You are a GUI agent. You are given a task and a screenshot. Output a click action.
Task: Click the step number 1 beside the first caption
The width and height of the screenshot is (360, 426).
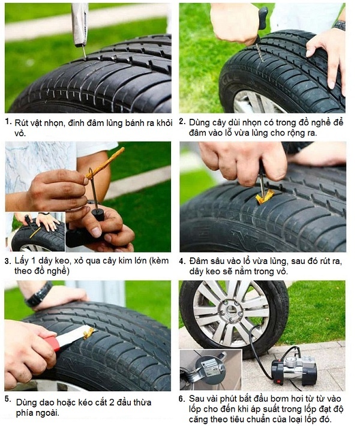tap(7, 121)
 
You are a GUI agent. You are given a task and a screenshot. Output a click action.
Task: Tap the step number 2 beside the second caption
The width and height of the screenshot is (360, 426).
tap(182, 121)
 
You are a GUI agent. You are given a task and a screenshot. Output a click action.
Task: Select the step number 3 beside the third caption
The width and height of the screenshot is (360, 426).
tap(7, 262)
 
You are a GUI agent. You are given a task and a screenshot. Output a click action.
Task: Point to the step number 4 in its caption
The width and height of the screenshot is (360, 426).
tap(182, 262)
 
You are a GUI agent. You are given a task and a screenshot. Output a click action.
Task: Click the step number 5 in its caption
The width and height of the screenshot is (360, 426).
tap(7, 399)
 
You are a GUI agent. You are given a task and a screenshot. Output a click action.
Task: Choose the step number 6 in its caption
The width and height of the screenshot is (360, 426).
tap(182, 398)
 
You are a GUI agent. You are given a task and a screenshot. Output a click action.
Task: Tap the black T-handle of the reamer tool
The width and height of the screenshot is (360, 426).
tap(262, 18)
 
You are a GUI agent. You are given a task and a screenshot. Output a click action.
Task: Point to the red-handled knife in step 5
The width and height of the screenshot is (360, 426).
tap(54, 343)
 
